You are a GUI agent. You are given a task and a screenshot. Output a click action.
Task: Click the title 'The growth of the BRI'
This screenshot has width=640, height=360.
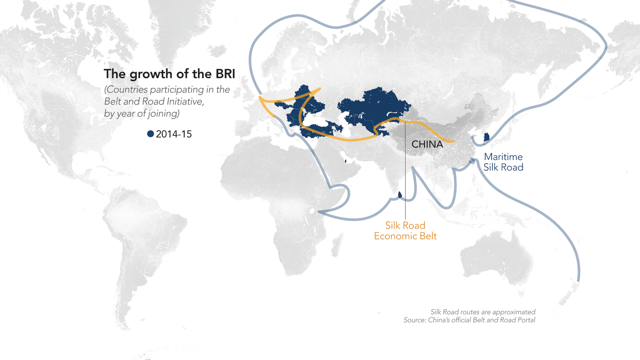(x=169, y=74)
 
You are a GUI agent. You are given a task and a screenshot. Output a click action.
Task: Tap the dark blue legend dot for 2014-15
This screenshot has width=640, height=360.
(x=150, y=134)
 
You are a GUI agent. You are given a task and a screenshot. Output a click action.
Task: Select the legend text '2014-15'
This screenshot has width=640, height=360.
(x=174, y=134)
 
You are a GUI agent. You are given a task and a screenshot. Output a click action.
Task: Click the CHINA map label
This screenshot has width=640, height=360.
(x=427, y=144)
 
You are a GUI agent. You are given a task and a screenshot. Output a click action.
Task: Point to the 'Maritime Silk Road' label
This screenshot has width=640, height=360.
(x=503, y=162)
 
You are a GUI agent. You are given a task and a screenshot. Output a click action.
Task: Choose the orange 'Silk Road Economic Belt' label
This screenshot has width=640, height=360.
(x=405, y=230)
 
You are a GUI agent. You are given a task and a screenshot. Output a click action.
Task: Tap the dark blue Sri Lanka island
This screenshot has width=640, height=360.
(x=400, y=194)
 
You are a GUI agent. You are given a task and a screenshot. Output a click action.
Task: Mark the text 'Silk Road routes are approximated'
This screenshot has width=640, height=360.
(x=483, y=312)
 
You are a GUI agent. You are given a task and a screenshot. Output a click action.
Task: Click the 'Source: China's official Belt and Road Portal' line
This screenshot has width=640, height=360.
(x=469, y=320)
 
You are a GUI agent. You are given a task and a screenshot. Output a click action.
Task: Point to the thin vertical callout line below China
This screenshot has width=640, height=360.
(x=405, y=179)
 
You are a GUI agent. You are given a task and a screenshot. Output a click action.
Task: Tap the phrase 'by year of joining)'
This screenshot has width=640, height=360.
(x=142, y=114)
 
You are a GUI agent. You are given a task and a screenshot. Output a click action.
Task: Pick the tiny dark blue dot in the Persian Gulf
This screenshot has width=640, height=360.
(x=346, y=161)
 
